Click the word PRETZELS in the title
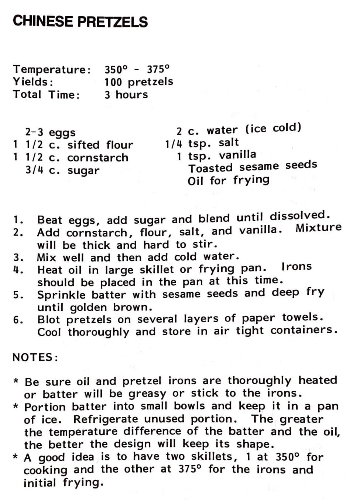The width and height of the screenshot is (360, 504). pyautogui.click(x=113, y=22)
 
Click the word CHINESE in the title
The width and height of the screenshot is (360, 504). pyautogui.click(x=43, y=21)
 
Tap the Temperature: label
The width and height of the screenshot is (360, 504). pyautogui.click(x=52, y=69)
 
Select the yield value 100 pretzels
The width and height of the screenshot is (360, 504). pyautogui.click(x=138, y=82)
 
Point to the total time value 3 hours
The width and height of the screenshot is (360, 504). pyautogui.click(x=126, y=95)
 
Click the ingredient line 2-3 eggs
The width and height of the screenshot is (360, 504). pyautogui.click(x=50, y=132)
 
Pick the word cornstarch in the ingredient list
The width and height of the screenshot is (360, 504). pyautogui.click(x=97, y=158)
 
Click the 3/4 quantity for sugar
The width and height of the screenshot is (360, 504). pyautogui.click(x=34, y=170)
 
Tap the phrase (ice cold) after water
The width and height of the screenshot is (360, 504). pyautogui.click(x=273, y=128)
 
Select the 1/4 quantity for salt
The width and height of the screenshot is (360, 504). pyautogui.click(x=174, y=144)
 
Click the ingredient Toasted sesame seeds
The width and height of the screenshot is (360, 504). pyautogui.click(x=253, y=166)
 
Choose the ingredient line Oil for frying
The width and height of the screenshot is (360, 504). pyautogui.click(x=228, y=180)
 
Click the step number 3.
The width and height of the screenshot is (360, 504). pyautogui.click(x=18, y=258)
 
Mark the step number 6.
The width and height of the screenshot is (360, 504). pyautogui.click(x=18, y=320)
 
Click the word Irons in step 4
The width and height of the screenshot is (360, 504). pyautogui.click(x=296, y=267)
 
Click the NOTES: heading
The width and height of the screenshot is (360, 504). pyautogui.click(x=35, y=357)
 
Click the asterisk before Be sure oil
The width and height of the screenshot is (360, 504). pyautogui.click(x=16, y=381)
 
